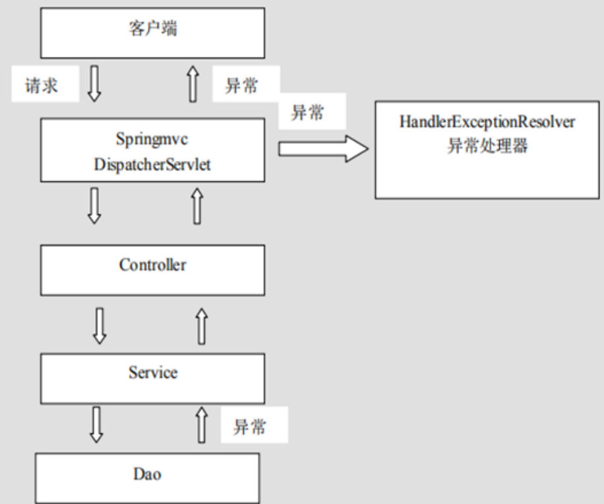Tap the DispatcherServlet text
[x=152, y=165]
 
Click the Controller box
[x=152, y=269]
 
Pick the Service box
[x=152, y=377]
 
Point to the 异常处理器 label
[x=487, y=146]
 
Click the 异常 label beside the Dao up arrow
[x=250, y=427]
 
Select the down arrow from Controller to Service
[x=99, y=325]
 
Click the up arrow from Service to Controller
[x=202, y=325]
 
